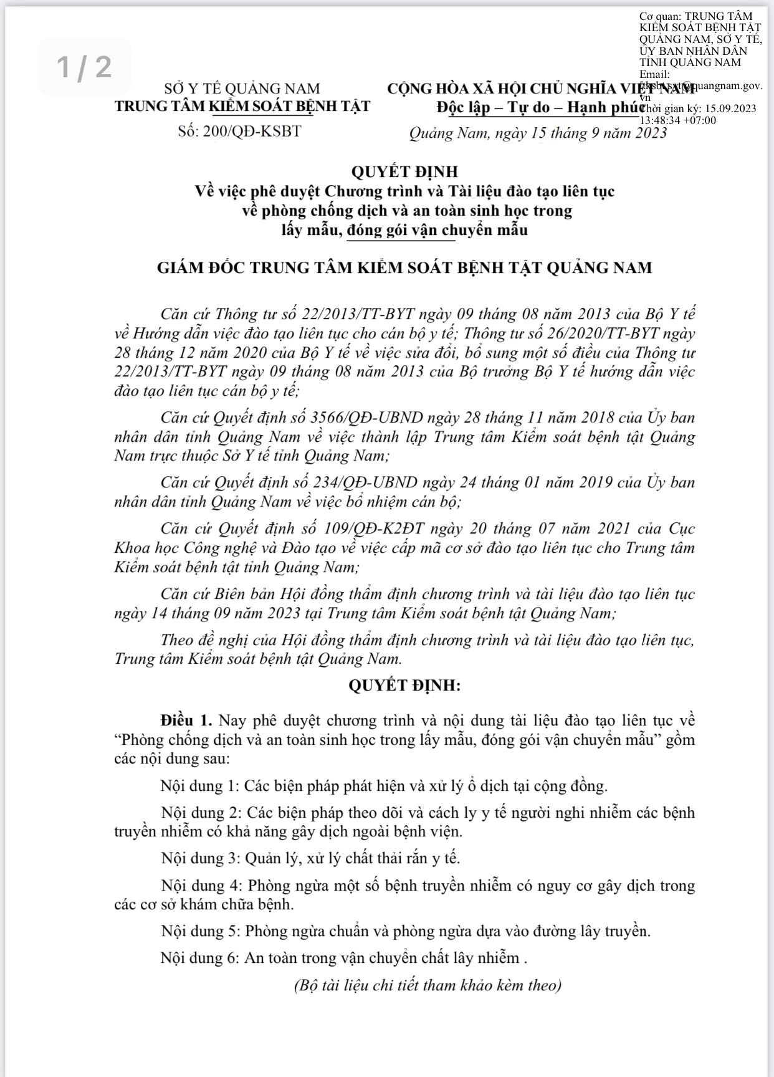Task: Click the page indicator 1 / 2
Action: (85, 67)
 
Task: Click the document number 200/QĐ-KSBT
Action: (252, 132)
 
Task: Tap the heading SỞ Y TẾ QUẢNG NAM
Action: (242, 89)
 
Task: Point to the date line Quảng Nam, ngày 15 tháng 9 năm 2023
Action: (538, 133)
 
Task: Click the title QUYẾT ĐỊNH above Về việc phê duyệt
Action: (404, 171)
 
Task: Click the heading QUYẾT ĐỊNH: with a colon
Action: (404, 686)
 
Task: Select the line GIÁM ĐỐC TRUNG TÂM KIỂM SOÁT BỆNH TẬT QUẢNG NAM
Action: (404, 268)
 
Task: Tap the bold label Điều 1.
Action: (186, 720)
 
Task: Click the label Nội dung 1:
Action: (199, 785)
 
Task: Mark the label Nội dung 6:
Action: (199, 958)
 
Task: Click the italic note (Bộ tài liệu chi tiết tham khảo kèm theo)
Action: (428, 985)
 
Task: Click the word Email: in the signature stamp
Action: (654, 74)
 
